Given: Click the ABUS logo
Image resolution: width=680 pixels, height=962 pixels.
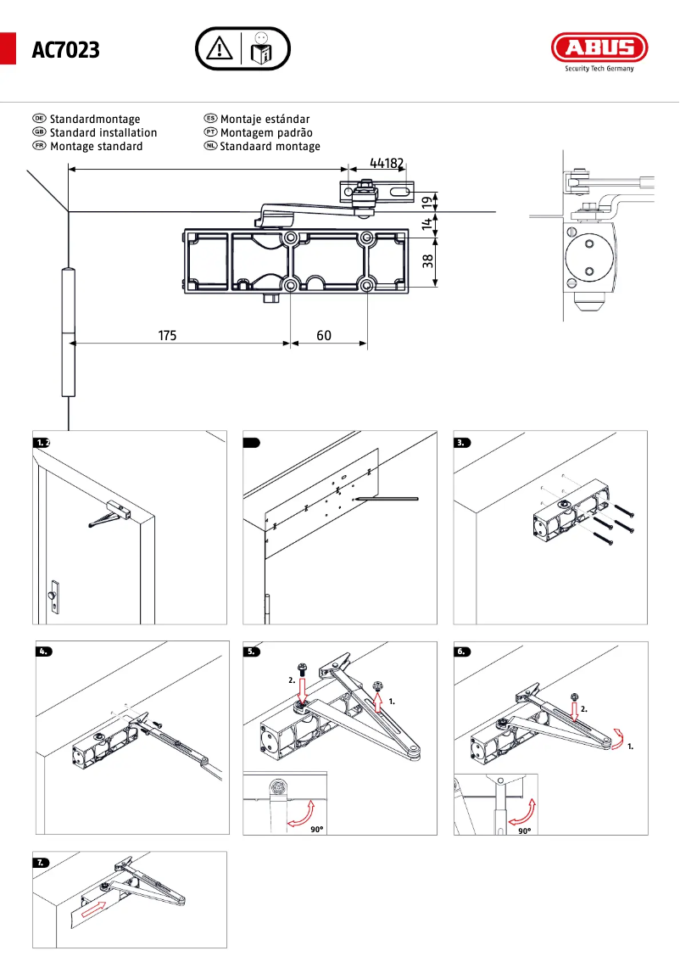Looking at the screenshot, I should [599, 48].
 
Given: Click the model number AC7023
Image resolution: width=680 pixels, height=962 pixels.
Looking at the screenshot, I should [65, 51].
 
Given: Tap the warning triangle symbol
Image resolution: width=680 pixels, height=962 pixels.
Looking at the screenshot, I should [220, 49].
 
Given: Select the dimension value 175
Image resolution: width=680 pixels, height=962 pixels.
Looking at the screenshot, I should [167, 336].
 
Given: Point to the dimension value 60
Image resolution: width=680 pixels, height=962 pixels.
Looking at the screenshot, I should [324, 336].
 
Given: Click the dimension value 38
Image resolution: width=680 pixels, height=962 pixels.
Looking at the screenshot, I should [428, 261].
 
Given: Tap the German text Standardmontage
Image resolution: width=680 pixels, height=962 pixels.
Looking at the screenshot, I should [95, 120].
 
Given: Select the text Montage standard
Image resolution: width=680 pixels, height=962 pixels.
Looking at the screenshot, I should [96, 147].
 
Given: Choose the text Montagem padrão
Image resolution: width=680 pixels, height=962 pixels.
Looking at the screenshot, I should [266, 133].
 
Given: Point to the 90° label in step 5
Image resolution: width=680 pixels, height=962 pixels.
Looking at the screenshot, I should [316, 830].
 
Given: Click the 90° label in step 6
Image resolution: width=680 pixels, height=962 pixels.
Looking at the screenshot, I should [525, 831].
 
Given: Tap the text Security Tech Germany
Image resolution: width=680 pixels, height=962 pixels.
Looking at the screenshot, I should [599, 70].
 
